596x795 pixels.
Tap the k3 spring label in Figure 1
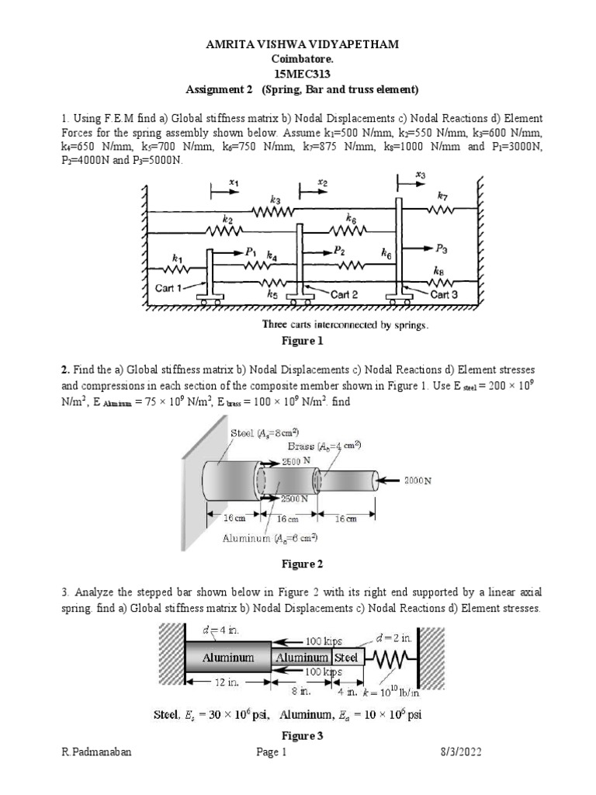(x=275, y=200)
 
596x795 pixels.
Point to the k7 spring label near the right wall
(x=442, y=197)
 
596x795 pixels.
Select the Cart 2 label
(x=345, y=294)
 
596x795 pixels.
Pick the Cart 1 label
(x=169, y=287)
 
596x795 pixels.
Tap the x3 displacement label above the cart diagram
(x=420, y=176)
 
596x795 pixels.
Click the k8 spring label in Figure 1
(x=441, y=273)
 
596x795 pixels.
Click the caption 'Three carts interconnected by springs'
(x=345, y=325)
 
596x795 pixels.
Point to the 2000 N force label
(x=417, y=481)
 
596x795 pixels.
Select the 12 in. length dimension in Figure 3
(x=227, y=683)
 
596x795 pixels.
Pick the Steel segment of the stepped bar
(x=346, y=657)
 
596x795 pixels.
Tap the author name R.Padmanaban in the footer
(x=92, y=752)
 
